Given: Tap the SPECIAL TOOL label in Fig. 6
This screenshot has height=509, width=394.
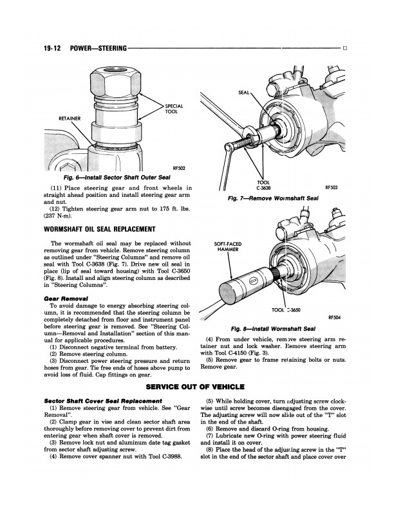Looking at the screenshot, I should click(174, 109).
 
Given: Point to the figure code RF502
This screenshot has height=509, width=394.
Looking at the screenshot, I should click(179, 168).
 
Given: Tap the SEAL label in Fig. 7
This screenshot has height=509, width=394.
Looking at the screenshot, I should click(244, 93).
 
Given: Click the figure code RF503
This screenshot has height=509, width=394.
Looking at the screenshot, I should click(332, 188).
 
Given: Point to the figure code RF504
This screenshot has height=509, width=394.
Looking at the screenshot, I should click(334, 317).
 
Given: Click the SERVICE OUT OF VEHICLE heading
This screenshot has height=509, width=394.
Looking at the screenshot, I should click(196, 387).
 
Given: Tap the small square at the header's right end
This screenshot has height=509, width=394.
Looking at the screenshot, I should click(346, 48).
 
